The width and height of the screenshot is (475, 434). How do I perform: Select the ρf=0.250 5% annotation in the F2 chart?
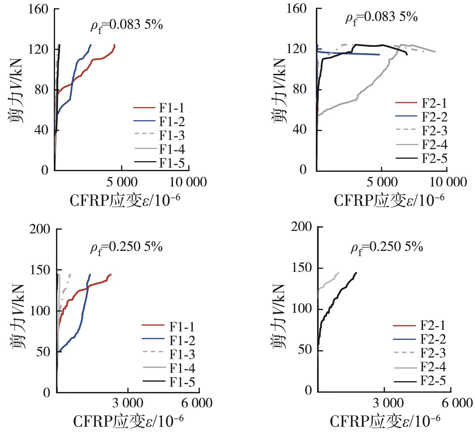point(387,248)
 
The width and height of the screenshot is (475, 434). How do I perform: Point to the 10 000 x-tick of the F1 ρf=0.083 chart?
point(189,182)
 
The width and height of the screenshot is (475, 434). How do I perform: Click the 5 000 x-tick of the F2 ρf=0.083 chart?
point(382,182)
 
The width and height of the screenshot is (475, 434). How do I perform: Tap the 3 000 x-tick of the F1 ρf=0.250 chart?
point(128,403)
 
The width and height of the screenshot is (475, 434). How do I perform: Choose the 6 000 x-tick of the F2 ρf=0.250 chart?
point(457,403)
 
